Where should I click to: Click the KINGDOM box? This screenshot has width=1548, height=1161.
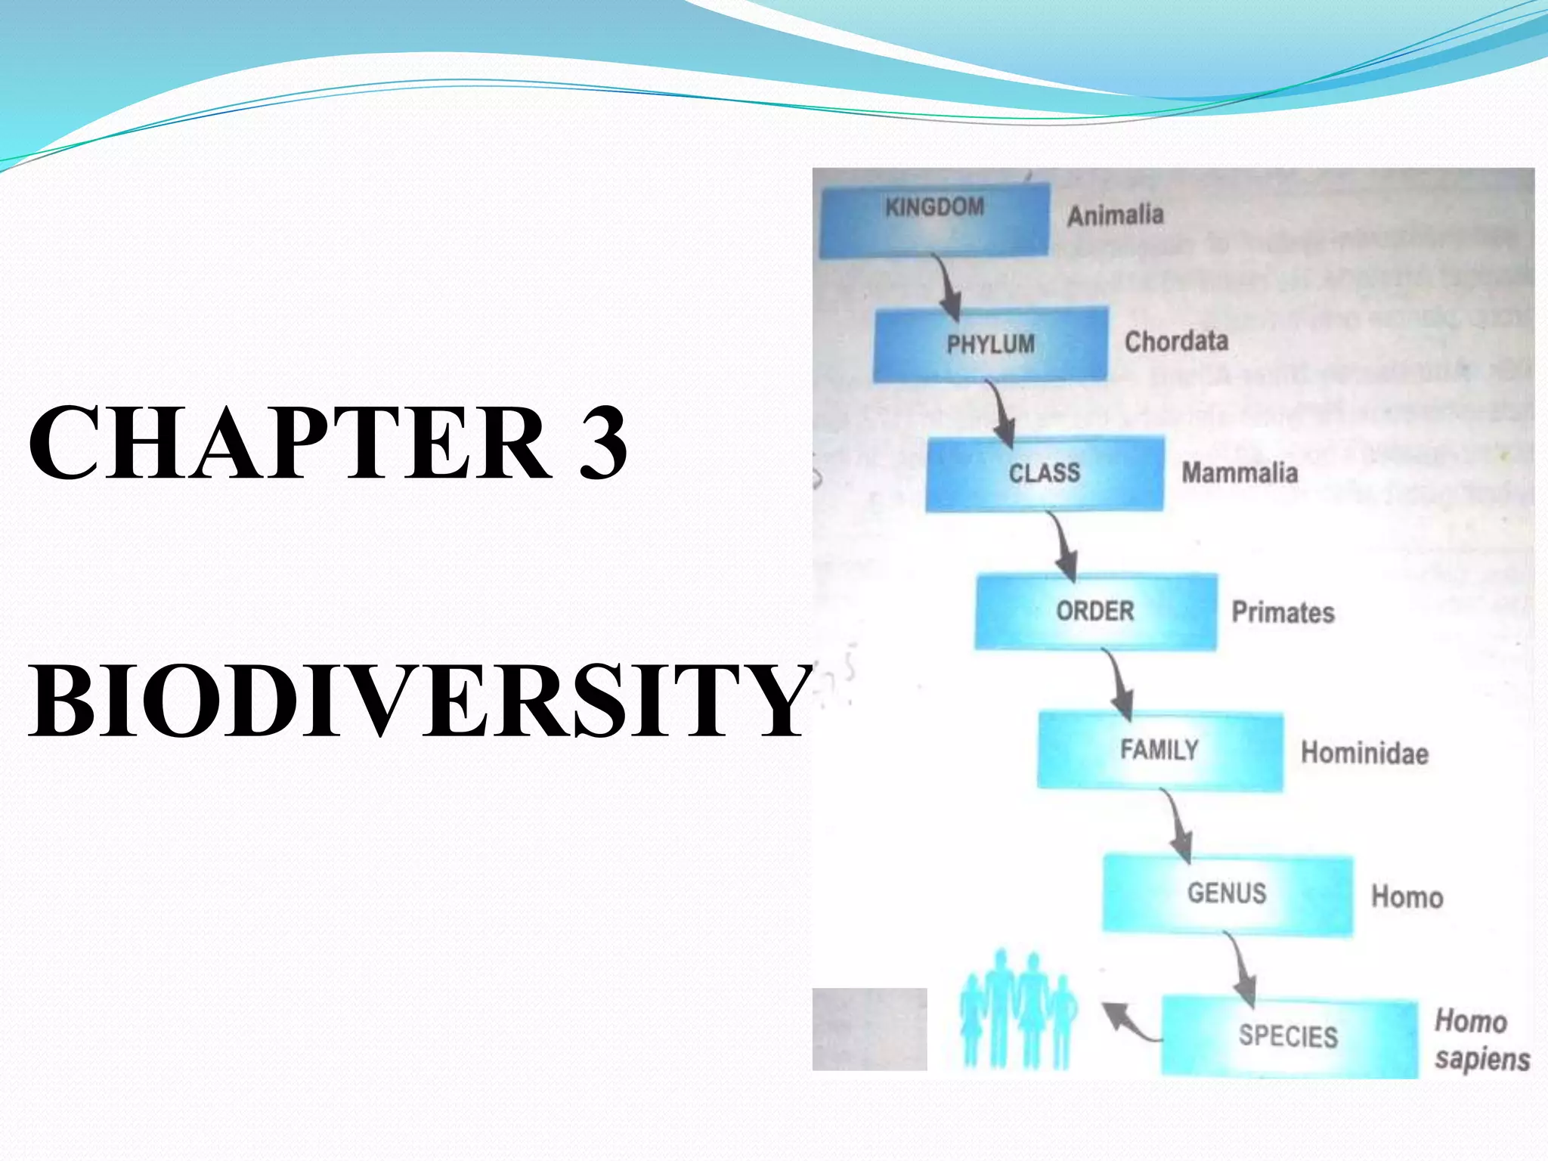tap(935, 219)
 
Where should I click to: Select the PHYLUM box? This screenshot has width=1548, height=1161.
tap(991, 344)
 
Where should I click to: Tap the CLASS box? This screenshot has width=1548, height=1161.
tap(1045, 474)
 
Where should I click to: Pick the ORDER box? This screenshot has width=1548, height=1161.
tap(1096, 611)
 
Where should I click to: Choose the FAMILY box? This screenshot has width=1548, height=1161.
tap(1159, 751)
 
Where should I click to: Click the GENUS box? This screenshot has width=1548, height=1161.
tap(1228, 893)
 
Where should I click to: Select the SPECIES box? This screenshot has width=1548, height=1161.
tap(1289, 1036)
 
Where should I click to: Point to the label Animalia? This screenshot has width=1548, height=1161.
tap(1115, 215)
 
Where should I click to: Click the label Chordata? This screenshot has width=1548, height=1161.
tap(1176, 342)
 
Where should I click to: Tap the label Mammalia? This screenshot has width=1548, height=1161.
tap(1240, 473)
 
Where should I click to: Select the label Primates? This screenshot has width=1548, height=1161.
tap(1283, 612)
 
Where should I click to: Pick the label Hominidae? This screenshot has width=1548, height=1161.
tap(1364, 754)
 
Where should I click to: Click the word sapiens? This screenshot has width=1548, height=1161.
tap(1482, 1060)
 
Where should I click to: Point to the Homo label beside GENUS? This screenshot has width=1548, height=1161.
tap(1407, 897)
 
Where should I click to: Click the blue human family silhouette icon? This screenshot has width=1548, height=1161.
tap(1017, 1010)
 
